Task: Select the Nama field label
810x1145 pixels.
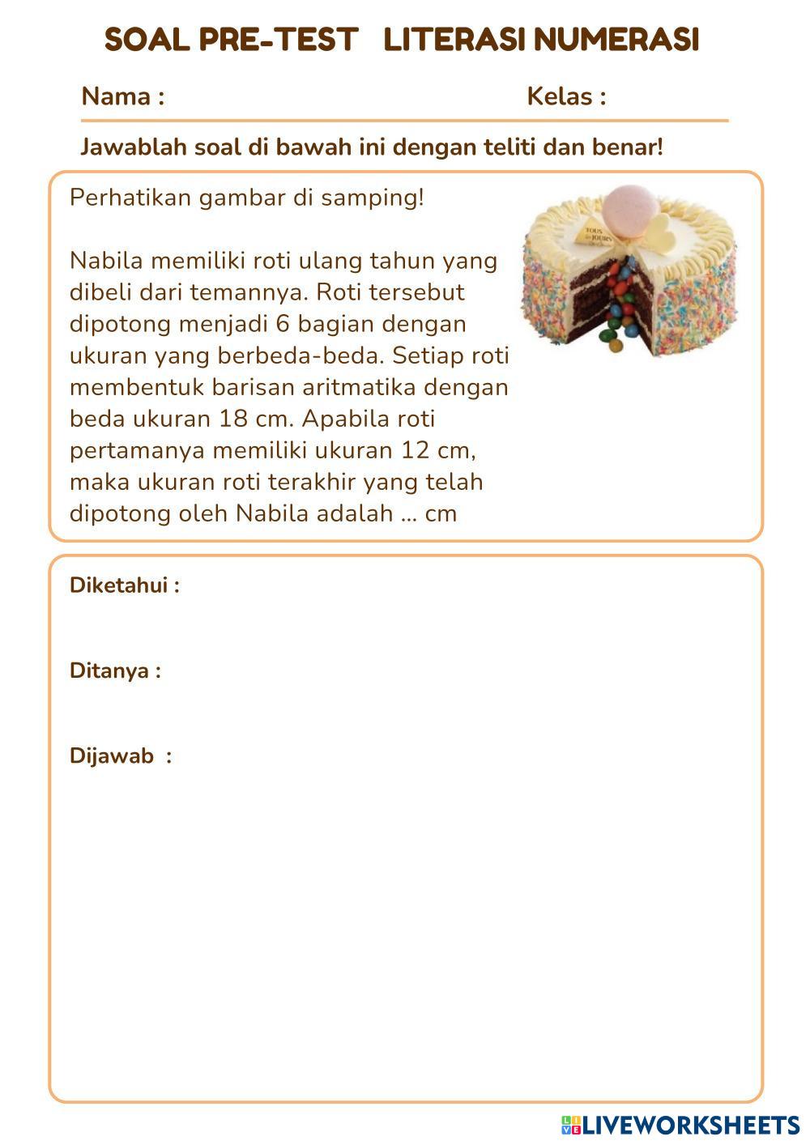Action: coord(122,97)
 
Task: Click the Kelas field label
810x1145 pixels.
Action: coord(566,97)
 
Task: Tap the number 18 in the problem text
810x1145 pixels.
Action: coord(234,419)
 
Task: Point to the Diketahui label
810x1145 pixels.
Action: coord(124,585)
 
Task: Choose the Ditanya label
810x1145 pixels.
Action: coord(115,670)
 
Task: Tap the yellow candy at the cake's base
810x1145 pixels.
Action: coord(615,345)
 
